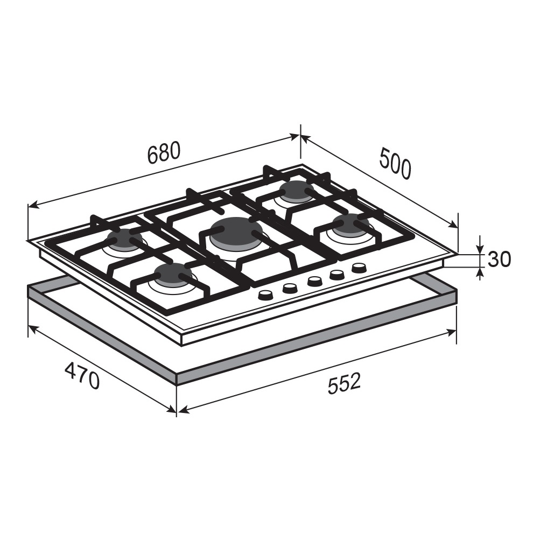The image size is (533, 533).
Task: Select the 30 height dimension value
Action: point(499,259)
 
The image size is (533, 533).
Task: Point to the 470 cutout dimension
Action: point(82,376)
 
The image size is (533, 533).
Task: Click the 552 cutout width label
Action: point(343,383)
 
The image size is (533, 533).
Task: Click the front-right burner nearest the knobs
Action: point(350,223)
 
